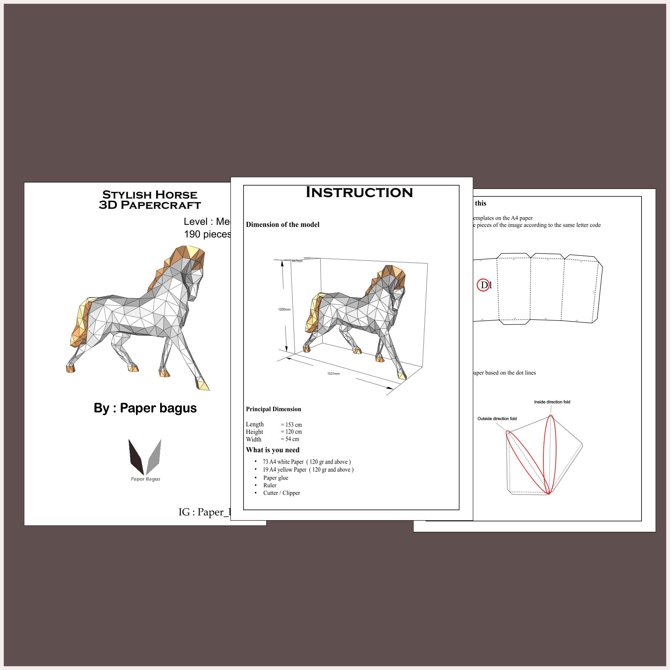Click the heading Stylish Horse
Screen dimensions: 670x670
[x=150, y=195]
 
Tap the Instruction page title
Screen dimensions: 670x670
[x=359, y=193]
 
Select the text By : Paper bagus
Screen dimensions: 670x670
[x=145, y=408]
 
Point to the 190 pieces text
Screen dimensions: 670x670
[x=207, y=234]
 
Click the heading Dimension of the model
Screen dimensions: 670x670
[x=283, y=225]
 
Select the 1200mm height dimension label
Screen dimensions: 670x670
[x=284, y=309]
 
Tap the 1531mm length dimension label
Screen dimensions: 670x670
[x=333, y=374]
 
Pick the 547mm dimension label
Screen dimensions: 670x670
[x=297, y=261]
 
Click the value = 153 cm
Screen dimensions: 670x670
[x=291, y=425]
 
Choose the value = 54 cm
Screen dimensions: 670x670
[x=290, y=440]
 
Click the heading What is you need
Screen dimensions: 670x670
[x=273, y=450]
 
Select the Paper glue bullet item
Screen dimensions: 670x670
[x=276, y=478]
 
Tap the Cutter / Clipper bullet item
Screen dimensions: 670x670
[x=282, y=493]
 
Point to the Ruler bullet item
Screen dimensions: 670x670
[x=270, y=485]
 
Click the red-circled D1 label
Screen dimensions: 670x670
[x=484, y=285]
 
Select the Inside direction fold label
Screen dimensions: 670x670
[x=552, y=402]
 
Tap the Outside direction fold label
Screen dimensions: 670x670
[x=497, y=418]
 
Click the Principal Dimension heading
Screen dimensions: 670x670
[x=274, y=409]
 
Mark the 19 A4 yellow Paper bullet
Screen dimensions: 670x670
[x=308, y=470]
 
